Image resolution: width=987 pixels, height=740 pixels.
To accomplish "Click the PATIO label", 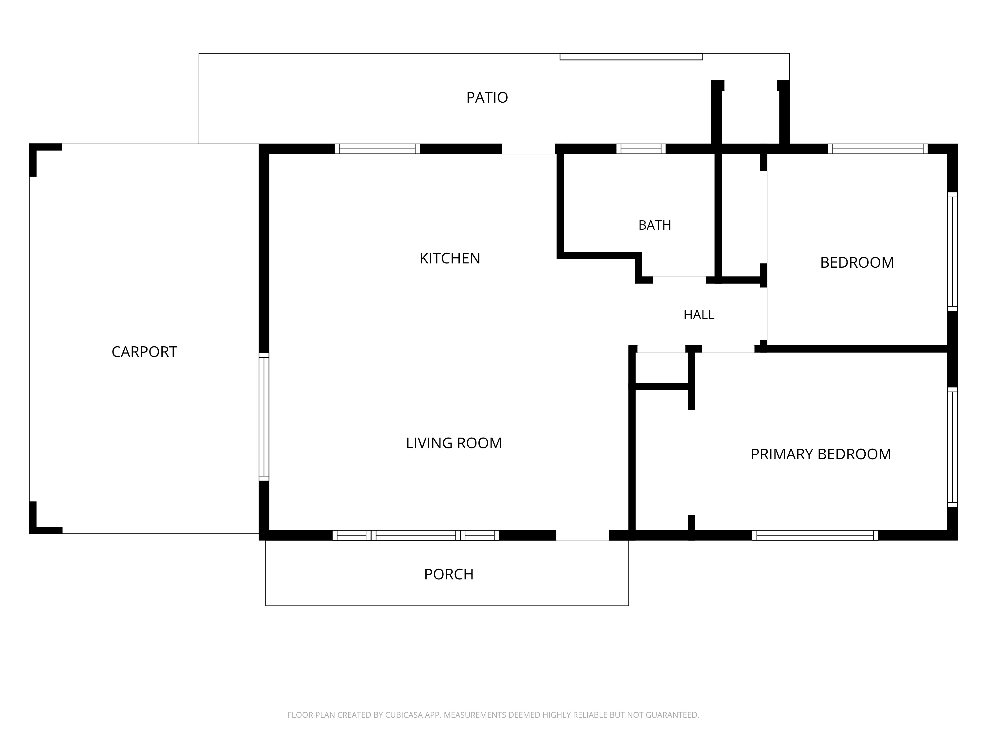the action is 487,97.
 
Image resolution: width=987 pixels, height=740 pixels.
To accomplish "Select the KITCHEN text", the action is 450,258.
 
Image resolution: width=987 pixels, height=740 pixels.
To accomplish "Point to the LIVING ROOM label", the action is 454,443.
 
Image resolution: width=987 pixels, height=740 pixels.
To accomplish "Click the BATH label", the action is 655,225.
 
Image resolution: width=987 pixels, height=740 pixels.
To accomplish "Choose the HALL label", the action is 699,315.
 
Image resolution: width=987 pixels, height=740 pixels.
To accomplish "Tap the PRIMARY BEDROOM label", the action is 820,454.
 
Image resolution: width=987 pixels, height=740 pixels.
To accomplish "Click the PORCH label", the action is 448,574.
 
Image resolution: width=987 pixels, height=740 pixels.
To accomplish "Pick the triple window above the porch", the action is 416,535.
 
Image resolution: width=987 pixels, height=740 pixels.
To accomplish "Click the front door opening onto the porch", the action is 582,535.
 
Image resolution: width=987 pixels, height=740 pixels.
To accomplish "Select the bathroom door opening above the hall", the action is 679,280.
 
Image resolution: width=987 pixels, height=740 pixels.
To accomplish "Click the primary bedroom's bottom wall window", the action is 815,535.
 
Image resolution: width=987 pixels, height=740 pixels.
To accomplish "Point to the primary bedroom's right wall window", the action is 952,447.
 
